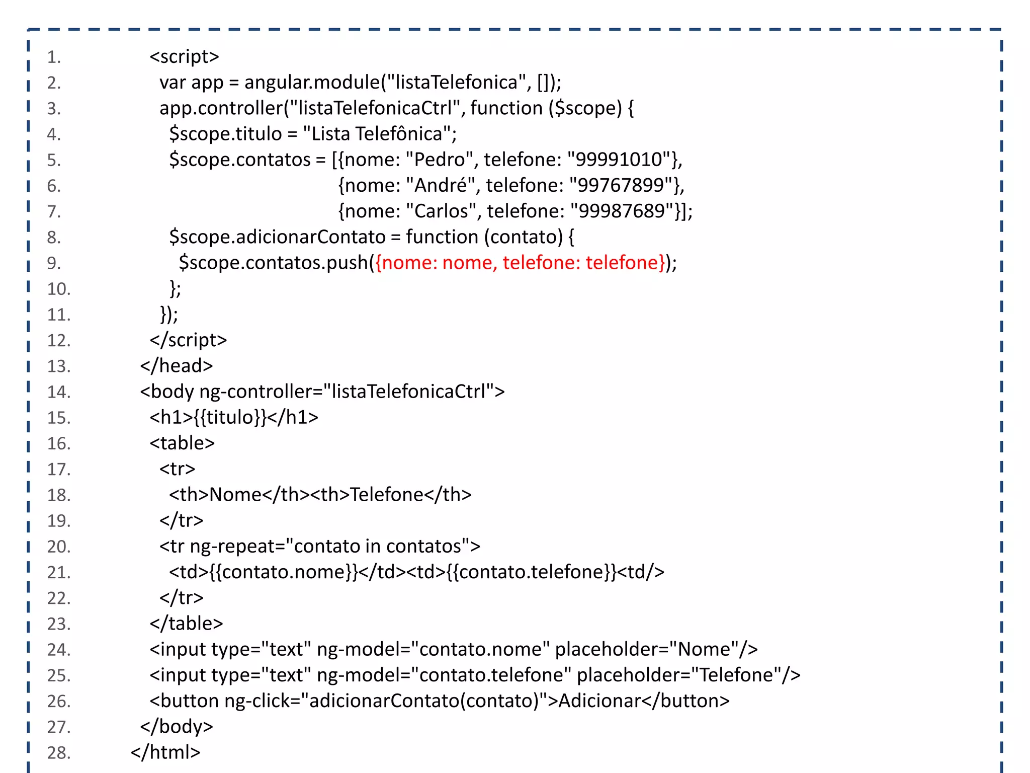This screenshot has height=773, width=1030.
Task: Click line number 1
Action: (x=54, y=57)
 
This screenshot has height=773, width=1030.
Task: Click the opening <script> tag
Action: (x=184, y=56)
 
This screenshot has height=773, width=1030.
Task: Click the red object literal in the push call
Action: (x=521, y=263)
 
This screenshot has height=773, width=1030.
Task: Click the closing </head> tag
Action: (x=177, y=366)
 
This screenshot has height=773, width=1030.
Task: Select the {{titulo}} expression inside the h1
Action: (x=230, y=417)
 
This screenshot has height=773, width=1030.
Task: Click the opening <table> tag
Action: (x=182, y=443)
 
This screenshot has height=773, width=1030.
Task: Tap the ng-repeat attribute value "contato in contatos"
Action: (x=378, y=547)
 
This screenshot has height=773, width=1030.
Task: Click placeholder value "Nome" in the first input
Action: (x=704, y=649)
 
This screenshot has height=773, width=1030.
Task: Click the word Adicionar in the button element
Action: (x=599, y=701)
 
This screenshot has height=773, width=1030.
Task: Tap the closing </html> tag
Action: (x=165, y=752)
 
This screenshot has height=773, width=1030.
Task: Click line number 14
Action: (x=59, y=392)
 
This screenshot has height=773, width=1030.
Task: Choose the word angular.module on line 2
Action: (x=312, y=82)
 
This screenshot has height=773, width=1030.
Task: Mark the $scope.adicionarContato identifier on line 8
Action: (x=277, y=237)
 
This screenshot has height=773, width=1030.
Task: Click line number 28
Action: (x=59, y=753)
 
